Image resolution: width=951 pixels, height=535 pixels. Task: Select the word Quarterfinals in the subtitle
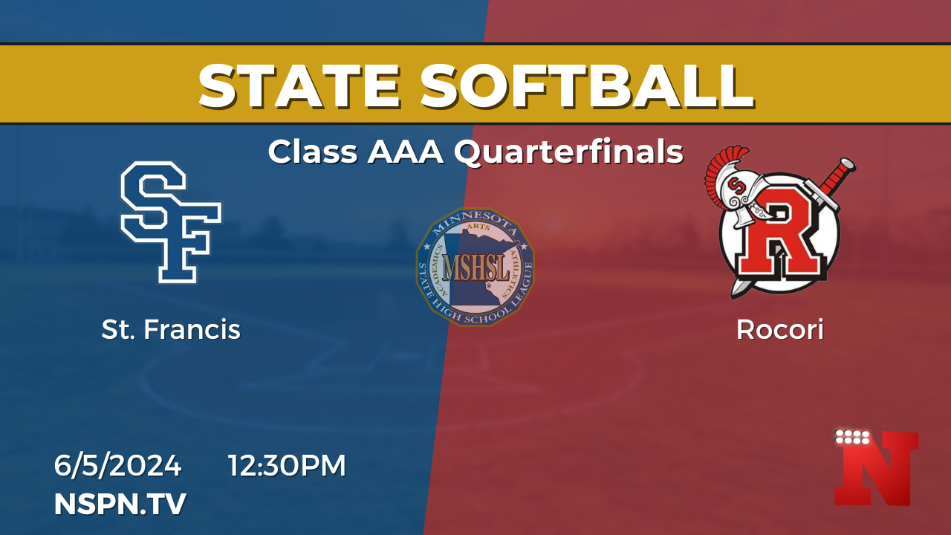(569, 152)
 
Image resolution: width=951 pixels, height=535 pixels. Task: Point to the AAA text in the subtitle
(406, 152)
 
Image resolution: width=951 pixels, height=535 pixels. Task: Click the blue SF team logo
(171, 221)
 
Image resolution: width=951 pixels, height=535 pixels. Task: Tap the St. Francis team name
(171, 329)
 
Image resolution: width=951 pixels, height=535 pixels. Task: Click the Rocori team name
(780, 329)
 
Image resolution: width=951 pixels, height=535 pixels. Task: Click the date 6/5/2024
(117, 465)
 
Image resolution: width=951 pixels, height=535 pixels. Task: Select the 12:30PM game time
(288, 465)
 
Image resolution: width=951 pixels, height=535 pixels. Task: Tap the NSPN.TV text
(120, 504)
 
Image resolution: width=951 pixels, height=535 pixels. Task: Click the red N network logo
(876, 469)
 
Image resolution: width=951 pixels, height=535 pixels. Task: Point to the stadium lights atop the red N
(852, 438)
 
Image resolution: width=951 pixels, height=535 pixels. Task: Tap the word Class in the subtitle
(313, 152)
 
